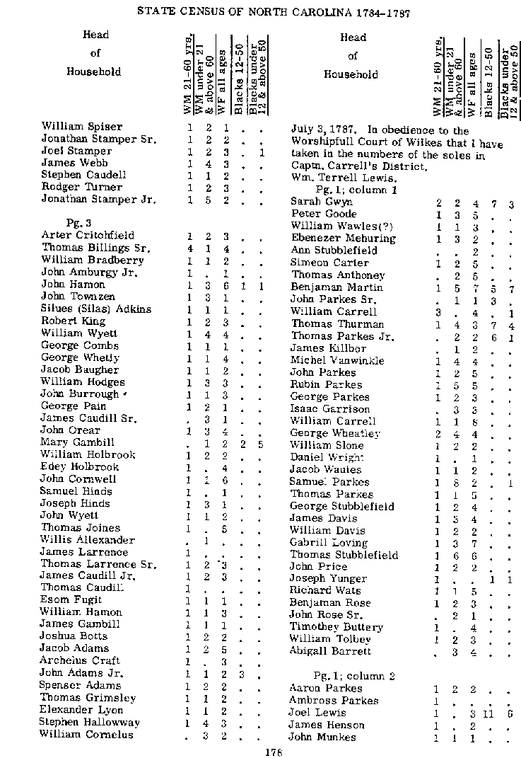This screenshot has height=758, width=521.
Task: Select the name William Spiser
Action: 72,127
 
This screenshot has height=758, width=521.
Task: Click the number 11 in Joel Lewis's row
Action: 488,713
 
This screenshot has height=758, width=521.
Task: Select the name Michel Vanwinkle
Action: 337,360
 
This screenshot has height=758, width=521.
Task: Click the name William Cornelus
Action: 86,735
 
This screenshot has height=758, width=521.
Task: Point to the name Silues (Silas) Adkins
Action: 96,309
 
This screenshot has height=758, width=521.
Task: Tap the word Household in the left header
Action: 94,71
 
